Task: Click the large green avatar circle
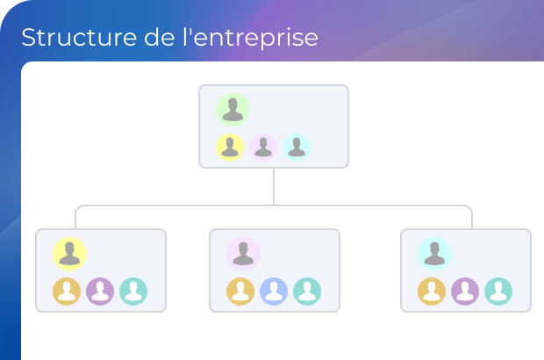(233, 110)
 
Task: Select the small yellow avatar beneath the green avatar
(230, 148)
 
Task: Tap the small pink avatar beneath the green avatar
(263, 148)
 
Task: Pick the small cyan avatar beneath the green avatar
(297, 148)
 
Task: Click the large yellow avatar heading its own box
(69, 254)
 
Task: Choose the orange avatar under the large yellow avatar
(67, 292)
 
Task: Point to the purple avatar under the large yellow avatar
(100, 292)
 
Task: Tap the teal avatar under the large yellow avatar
(133, 292)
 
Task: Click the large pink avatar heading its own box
(243, 254)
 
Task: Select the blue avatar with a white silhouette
(274, 292)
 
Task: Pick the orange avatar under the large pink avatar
(240, 292)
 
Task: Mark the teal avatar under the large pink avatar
(307, 292)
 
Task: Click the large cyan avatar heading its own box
(434, 254)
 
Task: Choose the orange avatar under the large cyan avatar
(432, 292)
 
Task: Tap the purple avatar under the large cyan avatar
(465, 292)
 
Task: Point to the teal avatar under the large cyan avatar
(498, 292)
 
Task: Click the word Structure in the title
(79, 37)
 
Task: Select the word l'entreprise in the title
(250, 38)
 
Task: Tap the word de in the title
(159, 37)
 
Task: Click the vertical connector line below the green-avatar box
(274, 187)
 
